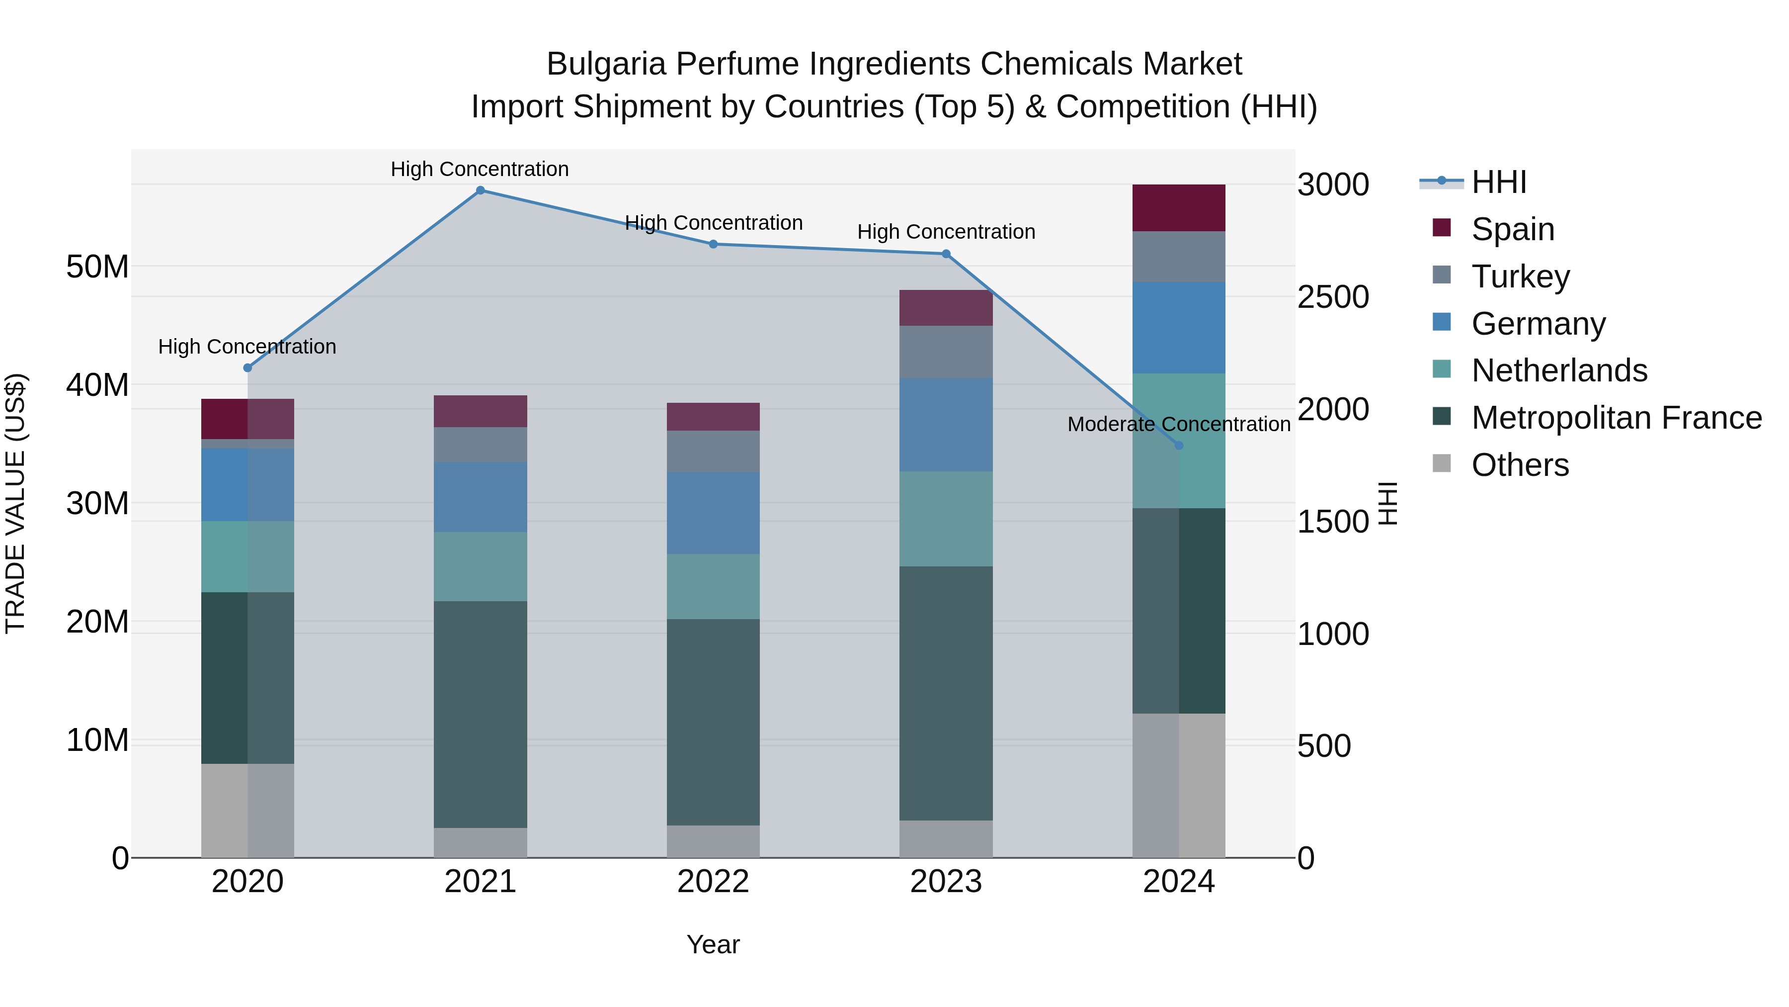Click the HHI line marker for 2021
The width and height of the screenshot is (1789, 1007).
[x=480, y=190]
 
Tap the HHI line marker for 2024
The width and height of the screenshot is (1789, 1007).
[x=1179, y=446]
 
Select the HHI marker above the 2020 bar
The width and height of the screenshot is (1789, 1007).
[x=247, y=367]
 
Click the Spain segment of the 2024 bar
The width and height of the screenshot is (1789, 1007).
[x=1179, y=208]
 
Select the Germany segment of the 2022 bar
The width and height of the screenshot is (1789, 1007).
[x=713, y=513]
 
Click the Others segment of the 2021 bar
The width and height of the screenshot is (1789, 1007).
[x=480, y=842]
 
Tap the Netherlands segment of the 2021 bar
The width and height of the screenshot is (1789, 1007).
[x=480, y=566]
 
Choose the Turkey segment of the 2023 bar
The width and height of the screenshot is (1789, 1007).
[x=946, y=352]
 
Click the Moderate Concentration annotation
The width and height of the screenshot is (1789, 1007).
[x=1179, y=424]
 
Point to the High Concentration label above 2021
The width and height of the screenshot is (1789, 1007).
[x=480, y=169]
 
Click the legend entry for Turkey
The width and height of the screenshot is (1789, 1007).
[x=1520, y=276]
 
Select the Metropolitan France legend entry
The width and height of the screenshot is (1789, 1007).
[x=1616, y=418]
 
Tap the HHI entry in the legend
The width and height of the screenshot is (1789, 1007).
[x=1499, y=182]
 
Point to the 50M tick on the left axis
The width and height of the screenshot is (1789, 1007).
[x=97, y=267]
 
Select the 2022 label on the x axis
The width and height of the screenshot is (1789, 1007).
[x=713, y=882]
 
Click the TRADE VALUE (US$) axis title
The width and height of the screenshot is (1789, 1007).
[x=15, y=503]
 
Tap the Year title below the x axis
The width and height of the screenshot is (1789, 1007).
[x=713, y=944]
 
